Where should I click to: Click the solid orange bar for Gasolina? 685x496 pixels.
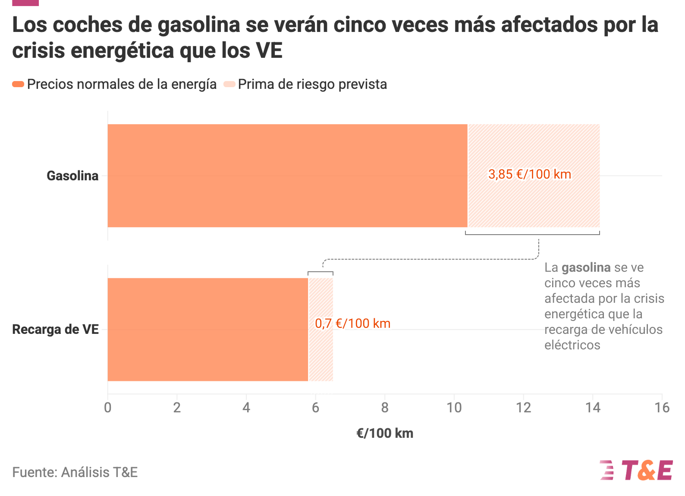pyautogui.click(x=287, y=176)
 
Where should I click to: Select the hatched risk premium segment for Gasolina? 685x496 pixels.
pyautogui.click(x=534, y=176)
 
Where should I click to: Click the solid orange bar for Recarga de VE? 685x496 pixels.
pyautogui.click(x=208, y=330)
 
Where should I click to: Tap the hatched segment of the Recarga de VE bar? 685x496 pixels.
pyautogui.click(x=321, y=330)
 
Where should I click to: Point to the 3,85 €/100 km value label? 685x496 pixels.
pyautogui.click(x=530, y=174)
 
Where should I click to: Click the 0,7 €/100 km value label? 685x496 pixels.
pyautogui.click(x=352, y=323)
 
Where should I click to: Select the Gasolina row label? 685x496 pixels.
pyautogui.click(x=72, y=176)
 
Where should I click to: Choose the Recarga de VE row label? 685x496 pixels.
pyautogui.click(x=55, y=330)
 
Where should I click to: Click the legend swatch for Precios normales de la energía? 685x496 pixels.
pyautogui.click(x=18, y=84)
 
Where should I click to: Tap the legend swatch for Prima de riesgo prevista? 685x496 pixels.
pyautogui.click(x=229, y=84)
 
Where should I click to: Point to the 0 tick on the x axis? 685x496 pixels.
pyautogui.click(x=108, y=408)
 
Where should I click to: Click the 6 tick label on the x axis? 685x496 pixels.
pyautogui.click(x=316, y=408)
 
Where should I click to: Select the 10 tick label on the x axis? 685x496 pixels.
pyautogui.click(x=454, y=408)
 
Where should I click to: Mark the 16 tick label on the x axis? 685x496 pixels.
pyautogui.click(x=662, y=408)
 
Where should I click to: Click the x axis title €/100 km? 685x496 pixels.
pyautogui.click(x=385, y=433)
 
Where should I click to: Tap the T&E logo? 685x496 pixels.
pyautogui.click(x=637, y=470)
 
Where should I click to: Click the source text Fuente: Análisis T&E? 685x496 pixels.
pyautogui.click(x=75, y=472)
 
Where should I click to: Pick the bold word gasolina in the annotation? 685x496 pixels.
pyautogui.click(x=586, y=268)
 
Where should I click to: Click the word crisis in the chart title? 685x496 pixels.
pyautogui.click(x=38, y=50)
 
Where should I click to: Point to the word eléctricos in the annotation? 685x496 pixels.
pyautogui.click(x=572, y=345)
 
